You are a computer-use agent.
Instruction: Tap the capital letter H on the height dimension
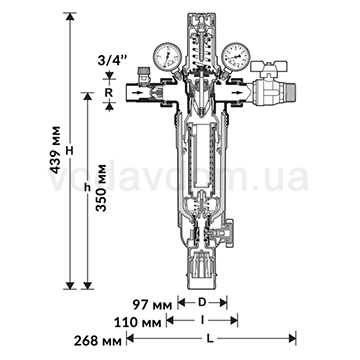[x=69, y=148]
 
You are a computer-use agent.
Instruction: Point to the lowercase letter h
[x=87, y=188]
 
